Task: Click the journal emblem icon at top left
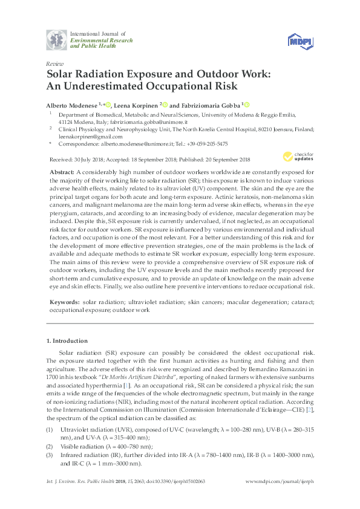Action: (57, 41)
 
